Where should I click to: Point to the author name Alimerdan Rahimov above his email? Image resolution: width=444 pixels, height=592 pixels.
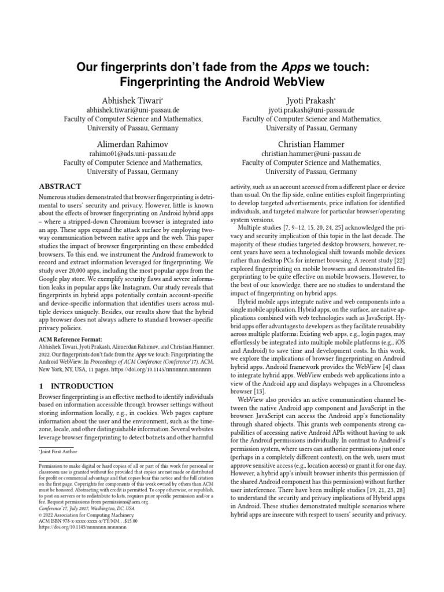click(132, 144)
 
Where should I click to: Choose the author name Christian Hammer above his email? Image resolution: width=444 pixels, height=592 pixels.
click(312, 144)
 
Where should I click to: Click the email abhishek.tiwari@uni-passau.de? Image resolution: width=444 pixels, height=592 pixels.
click(132, 109)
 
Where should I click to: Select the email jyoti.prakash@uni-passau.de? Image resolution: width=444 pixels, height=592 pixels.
click(312, 109)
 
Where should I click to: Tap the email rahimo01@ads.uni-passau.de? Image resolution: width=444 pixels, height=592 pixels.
click(132, 154)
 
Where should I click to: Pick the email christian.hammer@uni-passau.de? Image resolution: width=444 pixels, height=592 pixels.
click(312, 154)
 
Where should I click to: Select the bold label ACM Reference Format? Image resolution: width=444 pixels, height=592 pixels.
click(70, 339)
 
